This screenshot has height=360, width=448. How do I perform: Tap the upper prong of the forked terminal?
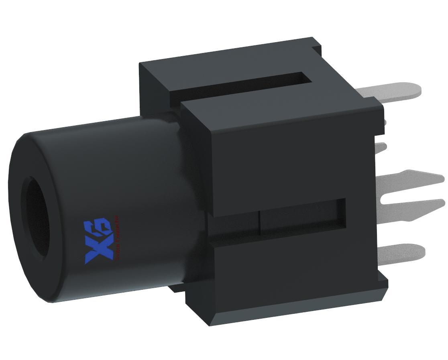(417, 178)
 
